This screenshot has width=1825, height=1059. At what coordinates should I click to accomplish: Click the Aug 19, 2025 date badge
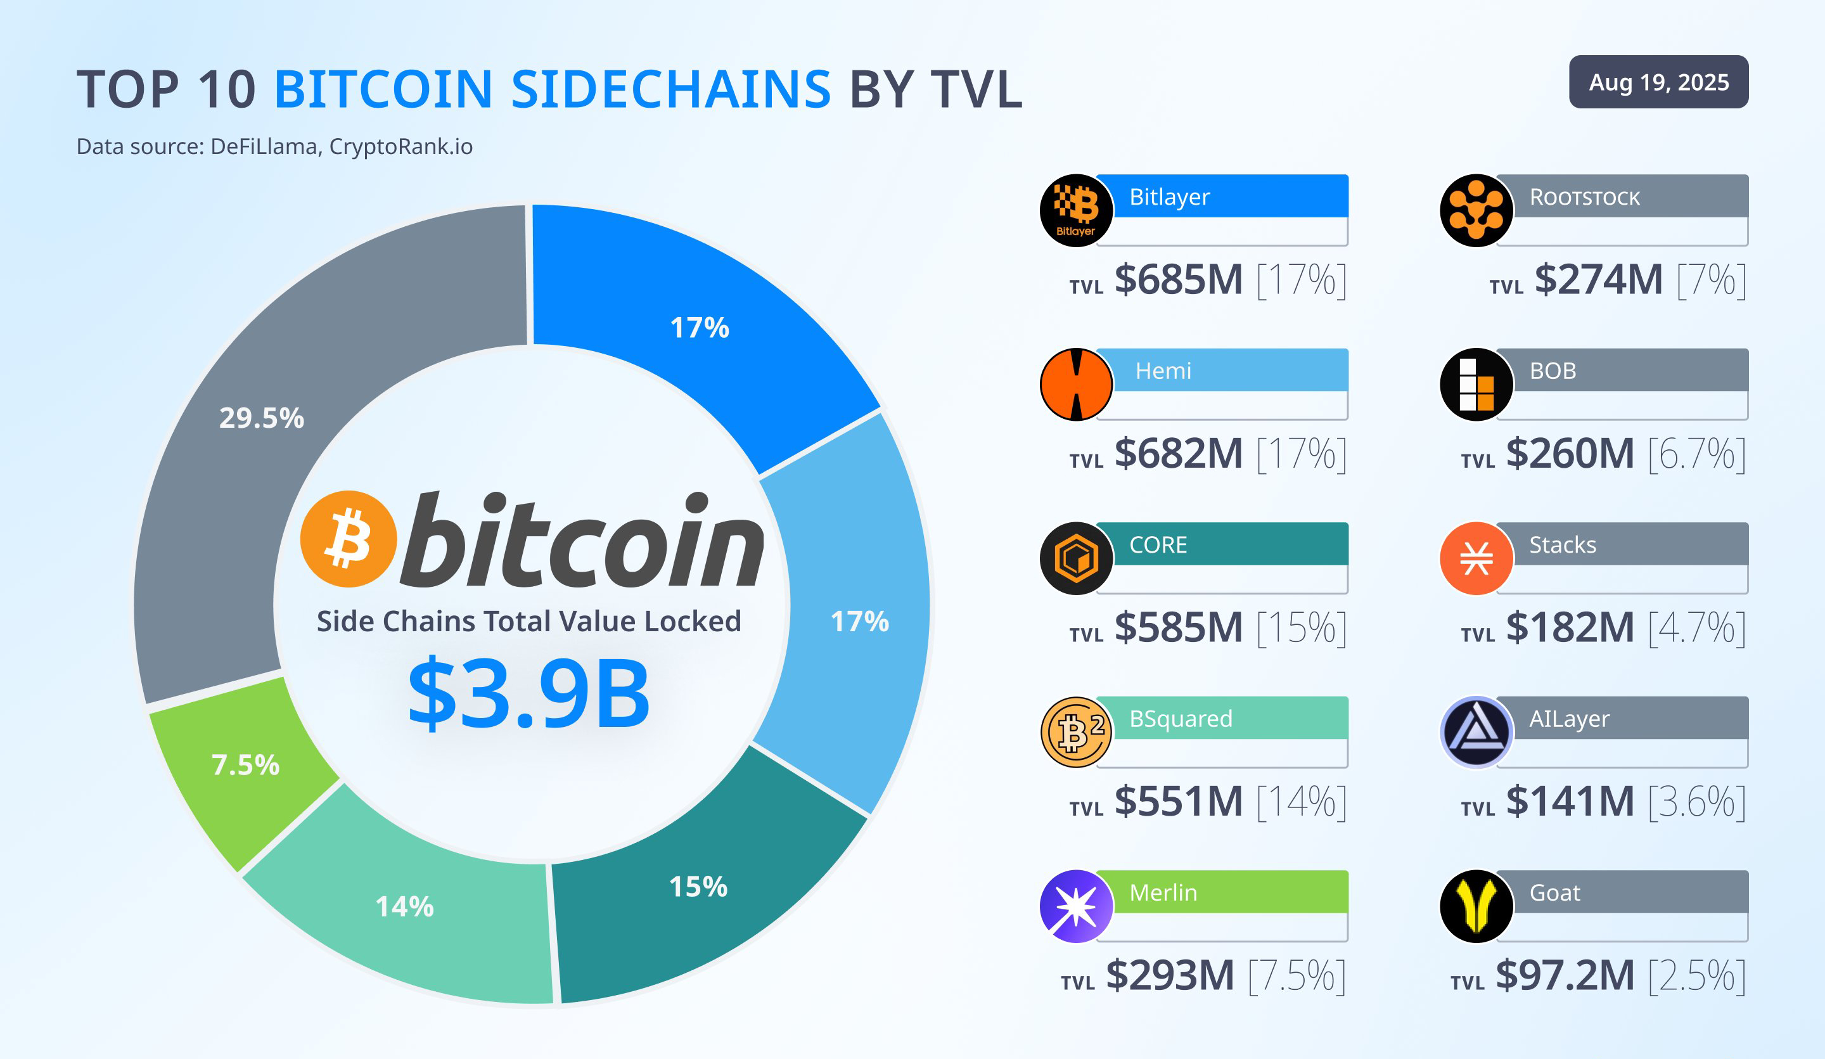tap(1658, 82)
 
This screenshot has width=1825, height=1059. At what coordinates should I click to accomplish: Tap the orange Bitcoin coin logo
tap(349, 538)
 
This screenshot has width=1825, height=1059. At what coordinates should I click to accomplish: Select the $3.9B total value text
tap(528, 693)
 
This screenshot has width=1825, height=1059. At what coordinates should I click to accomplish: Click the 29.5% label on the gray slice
tap(262, 418)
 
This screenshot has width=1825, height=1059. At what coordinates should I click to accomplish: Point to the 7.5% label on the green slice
tap(245, 765)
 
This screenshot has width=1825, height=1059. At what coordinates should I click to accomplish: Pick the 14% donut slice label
tap(405, 906)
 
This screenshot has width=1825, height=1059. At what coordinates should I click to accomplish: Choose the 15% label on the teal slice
tap(698, 887)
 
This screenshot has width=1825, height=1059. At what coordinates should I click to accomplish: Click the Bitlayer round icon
tap(1076, 210)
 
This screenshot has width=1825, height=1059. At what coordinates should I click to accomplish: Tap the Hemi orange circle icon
tap(1076, 384)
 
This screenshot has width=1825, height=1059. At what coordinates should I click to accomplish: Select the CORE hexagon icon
tap(1076, 558)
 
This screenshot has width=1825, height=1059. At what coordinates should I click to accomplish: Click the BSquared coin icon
tap(1076, 733)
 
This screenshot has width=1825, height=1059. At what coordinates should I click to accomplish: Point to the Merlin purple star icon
tap(1076, 906)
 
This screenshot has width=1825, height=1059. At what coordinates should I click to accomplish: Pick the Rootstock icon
tap(1476, 210)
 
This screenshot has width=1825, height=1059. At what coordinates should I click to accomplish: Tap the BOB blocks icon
tap(1476, 384)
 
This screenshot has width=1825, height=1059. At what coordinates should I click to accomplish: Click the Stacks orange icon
tap(1476, 558)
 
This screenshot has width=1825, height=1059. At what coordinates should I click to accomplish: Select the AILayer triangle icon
tap(1476, 733)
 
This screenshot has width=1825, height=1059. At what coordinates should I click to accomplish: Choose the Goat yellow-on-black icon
tap(1476, 906)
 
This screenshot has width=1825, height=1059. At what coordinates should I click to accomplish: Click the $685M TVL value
tap(1178, 279)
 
